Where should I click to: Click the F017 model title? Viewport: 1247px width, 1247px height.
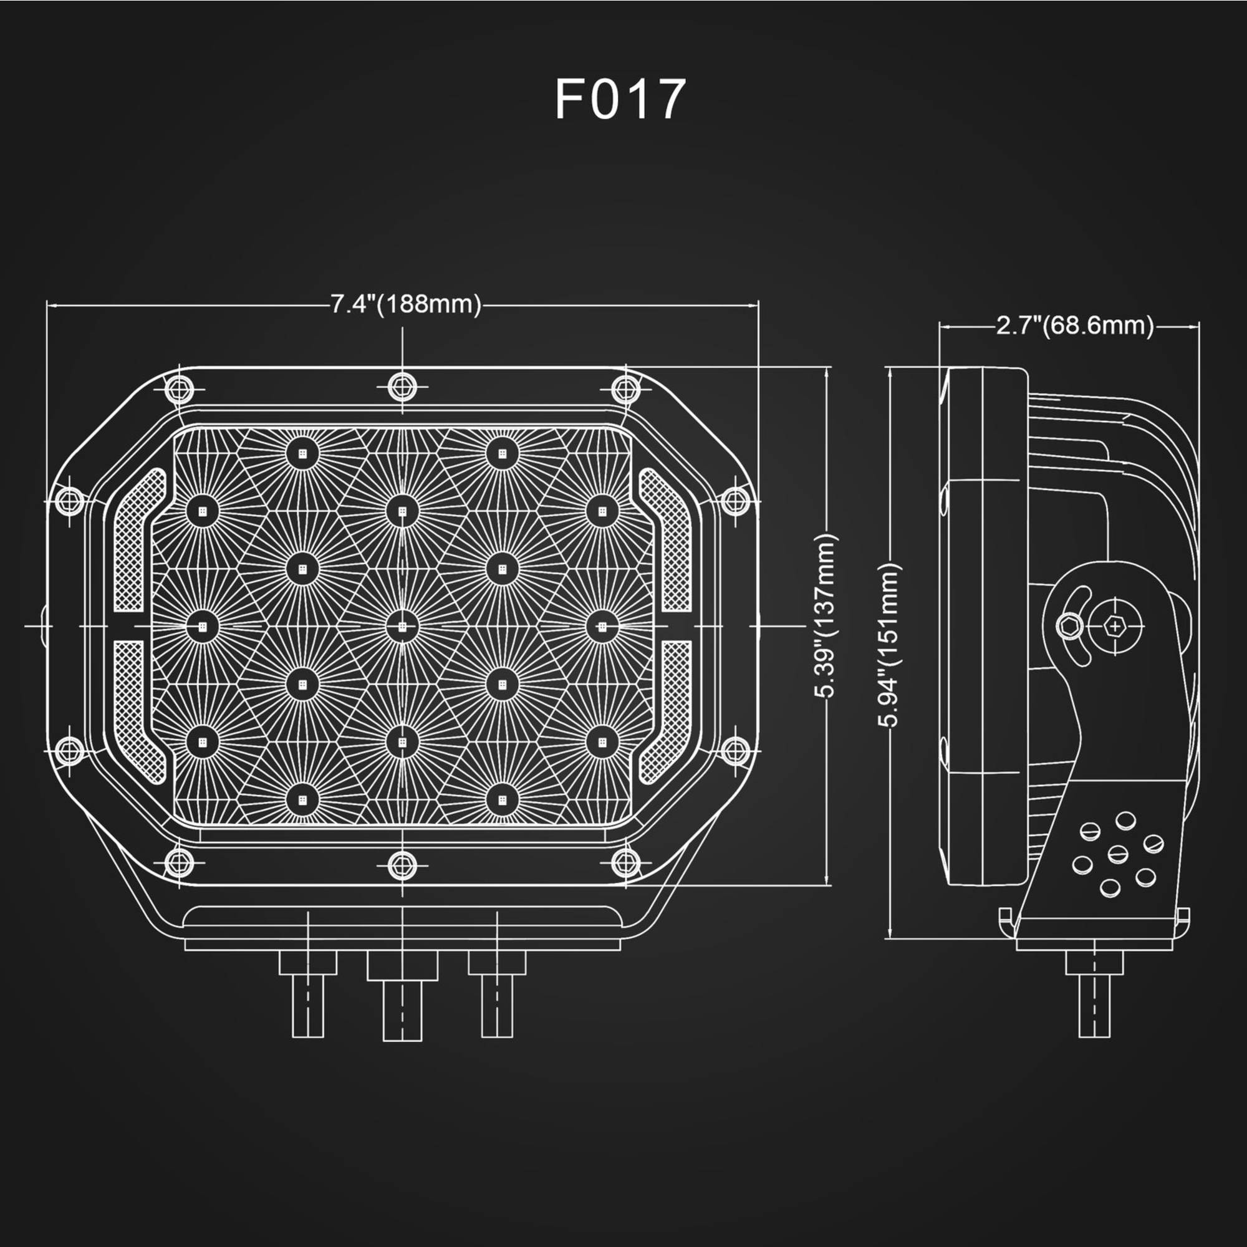pos(620,99)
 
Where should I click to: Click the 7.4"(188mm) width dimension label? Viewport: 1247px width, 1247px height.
pos(406,304)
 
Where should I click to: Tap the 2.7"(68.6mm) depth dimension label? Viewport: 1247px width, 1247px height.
pos(1075,325)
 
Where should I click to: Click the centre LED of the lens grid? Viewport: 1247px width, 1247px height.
pos(403,626)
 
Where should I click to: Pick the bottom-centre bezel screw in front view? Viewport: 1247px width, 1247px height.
pos(403,864)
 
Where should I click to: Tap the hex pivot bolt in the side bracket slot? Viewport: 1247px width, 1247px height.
pos(1069,625)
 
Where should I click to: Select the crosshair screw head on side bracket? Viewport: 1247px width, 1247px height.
pos(1115,625)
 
